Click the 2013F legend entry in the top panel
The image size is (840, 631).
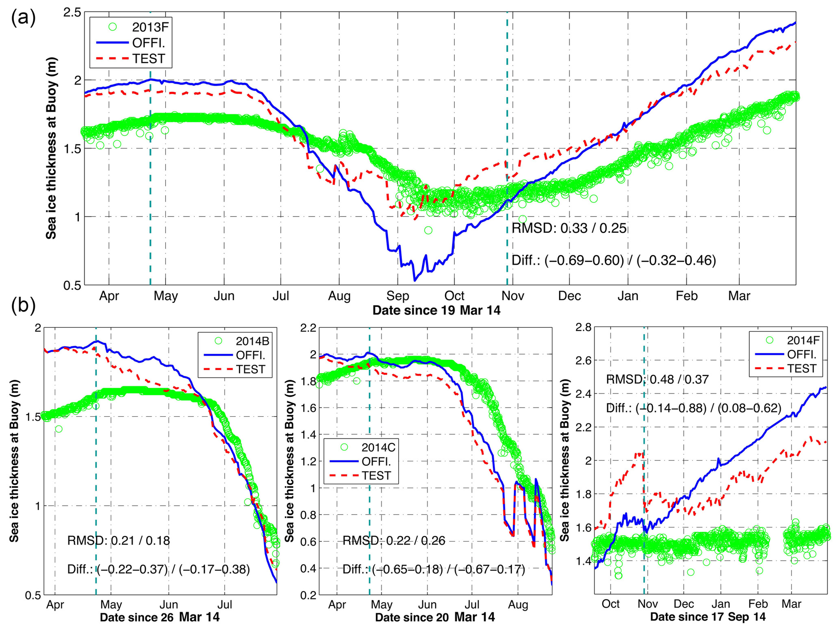[150, 27]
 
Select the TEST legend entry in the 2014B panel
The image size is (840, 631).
[250, 370]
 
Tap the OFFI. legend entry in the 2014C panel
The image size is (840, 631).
[376, 462]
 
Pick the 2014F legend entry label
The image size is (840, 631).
[803, 340]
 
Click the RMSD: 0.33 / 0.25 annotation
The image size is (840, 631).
[569, 228]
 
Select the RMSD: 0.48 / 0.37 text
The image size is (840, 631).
[657, 380]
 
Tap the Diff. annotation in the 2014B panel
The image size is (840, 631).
[158, 569]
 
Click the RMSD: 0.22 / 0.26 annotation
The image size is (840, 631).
[394, 540]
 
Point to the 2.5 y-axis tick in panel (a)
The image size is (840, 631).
[72, 12]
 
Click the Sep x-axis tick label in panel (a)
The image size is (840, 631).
[397, 296]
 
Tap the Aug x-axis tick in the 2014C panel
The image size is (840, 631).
[518, 605]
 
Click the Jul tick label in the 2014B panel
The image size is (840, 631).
[224, 605]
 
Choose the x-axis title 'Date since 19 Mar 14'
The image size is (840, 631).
[436, 311]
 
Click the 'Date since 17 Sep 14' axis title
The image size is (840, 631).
[708, 617]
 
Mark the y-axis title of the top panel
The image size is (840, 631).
[51, 148]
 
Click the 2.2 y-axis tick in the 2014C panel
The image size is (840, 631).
[308, 328]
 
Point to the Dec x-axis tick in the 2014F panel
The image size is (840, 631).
[684, 604]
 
